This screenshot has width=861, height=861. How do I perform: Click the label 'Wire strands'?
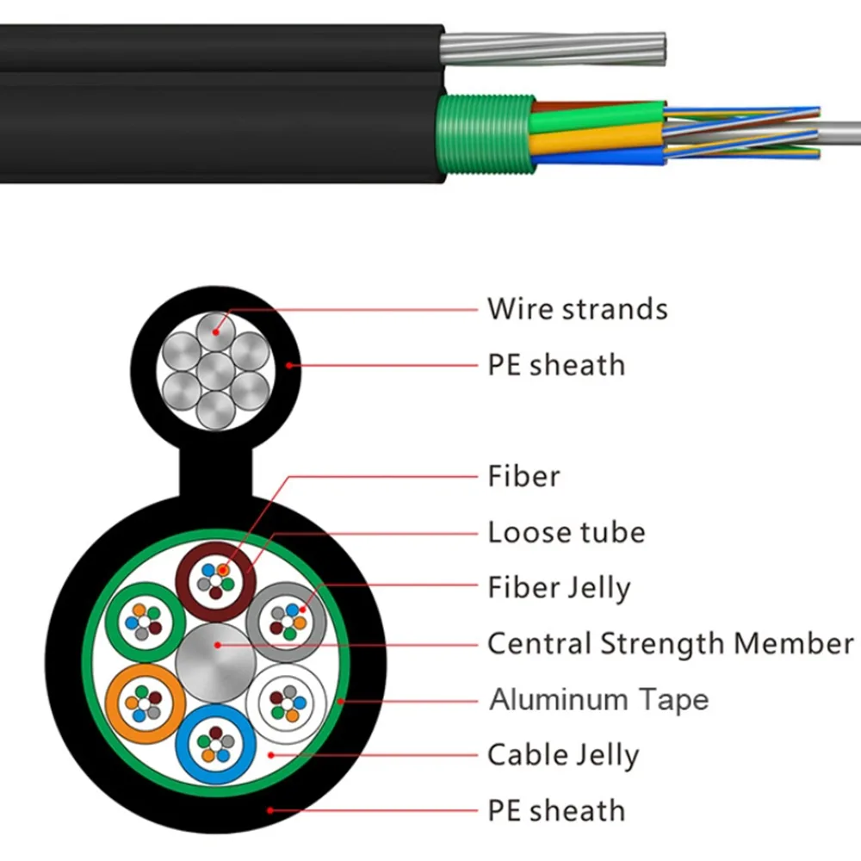tap(577, 308)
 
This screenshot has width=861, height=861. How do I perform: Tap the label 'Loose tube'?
tap(566, 532)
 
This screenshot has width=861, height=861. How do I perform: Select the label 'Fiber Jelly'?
tap(559, 588)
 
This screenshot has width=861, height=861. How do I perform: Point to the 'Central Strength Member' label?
tap(670, 643)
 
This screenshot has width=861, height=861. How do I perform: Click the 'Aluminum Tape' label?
tap(598, 699)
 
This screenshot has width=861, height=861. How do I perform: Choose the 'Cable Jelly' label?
tap(563, 755)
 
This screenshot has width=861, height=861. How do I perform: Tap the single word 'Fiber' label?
tap(523, 476)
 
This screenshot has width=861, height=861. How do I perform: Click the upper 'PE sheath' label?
tap(556, 364)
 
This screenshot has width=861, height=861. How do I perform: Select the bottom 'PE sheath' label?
tap(556, 810)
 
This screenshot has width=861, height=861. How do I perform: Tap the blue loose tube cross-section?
tap(215, 739)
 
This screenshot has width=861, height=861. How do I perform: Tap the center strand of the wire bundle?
tap(215, 370)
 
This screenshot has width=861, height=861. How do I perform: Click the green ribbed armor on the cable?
tap(482, 137)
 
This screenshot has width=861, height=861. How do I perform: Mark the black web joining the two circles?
tap(215, 469)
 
